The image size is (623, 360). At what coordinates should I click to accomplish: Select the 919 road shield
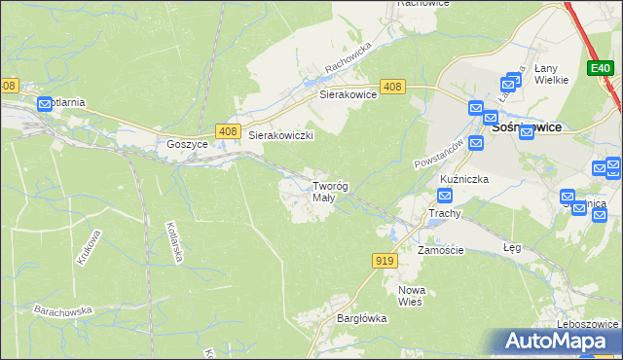pos(384,260)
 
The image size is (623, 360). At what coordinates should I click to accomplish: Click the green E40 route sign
pos(600,68)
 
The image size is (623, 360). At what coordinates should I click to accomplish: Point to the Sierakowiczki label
pos(280,136)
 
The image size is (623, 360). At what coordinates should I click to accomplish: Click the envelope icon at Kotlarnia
pos(45,104)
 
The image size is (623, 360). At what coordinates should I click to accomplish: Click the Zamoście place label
pos(441,250)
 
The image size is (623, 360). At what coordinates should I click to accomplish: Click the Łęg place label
pos(512,247)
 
